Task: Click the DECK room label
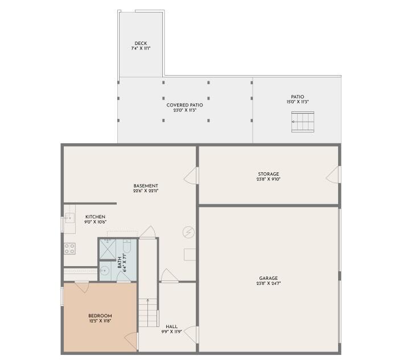[x=141, y=43]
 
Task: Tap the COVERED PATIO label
[x=184, y=105]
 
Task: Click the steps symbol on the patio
[x=302, y=122]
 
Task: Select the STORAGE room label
[x=268, y=174]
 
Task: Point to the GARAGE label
[x=268, y=278]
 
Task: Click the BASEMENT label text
[x=146, y=186]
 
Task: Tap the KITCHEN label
[x=95, y=217]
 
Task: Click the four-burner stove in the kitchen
[x=69, y=249]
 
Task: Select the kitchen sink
[x=69, y=218]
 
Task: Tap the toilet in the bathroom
[x=128, y=247]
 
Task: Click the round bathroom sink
[x=104, y=271]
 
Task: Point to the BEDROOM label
[x=100, y=316]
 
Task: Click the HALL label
[x=171, y=326]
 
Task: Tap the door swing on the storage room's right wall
[x=333, y=175]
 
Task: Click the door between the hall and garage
[x=192, y=334]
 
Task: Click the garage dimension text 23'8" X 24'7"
[x=268, y=283]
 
